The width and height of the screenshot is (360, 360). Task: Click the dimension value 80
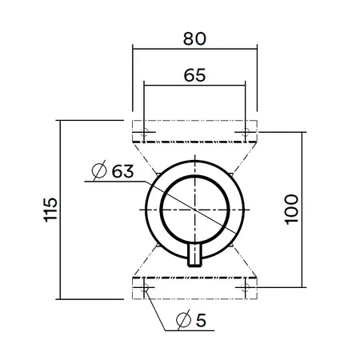coord(194,38)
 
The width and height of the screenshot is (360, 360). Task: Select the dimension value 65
coord(194,75)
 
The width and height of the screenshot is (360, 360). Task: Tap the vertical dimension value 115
coord(50,210)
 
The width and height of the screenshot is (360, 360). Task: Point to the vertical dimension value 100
coord(291,210)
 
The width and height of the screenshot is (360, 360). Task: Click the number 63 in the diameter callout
coord(122,171)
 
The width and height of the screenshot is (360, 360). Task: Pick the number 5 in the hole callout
coord(201,320)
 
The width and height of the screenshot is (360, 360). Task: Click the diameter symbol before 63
coord(99,170)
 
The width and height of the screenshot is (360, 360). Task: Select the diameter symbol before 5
coord(183,320)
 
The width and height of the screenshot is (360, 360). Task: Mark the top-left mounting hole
coord(144,132)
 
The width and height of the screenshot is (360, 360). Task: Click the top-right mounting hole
coord(245,132)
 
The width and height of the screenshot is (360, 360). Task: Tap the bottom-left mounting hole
coord(144,288)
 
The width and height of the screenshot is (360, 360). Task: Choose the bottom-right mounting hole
coord(245,288)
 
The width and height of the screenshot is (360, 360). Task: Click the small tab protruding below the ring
coord(194,255)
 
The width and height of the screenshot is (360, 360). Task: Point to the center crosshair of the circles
coord(195,210)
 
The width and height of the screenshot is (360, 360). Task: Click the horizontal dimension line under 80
coord(195,49)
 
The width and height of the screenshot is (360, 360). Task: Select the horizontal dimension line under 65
coord(194,86)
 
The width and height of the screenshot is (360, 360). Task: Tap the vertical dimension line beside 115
coord(60,210)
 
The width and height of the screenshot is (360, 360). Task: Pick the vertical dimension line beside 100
coord(302,210)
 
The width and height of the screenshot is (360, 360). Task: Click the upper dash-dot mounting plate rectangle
coord(195,121)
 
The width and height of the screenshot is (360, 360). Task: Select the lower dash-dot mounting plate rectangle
coord(195,299)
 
